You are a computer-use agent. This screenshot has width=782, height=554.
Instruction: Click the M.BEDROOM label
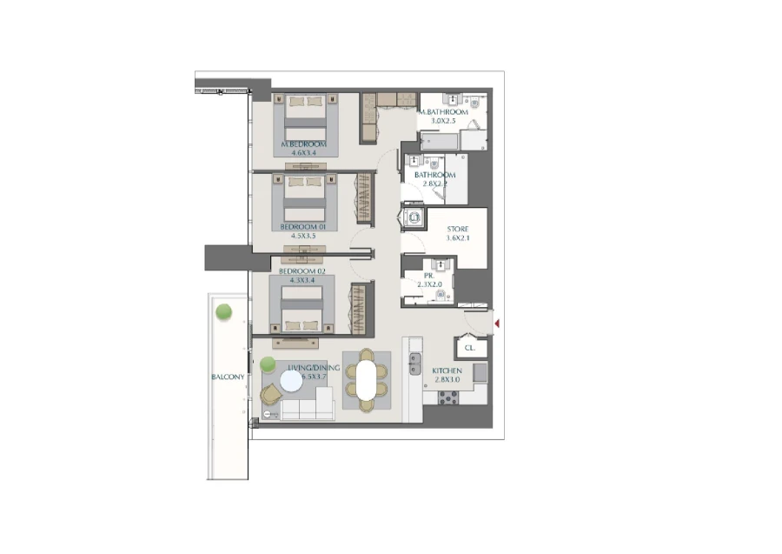click(x=303, y=144)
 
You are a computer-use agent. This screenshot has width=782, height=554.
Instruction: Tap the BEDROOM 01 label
click(x=302, y=226)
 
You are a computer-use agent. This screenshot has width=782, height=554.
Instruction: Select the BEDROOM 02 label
click(x=302, y=271)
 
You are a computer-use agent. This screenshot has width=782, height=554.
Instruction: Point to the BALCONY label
click(x=228, y=377)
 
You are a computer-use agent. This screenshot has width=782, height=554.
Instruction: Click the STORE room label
click(x=457, y=230)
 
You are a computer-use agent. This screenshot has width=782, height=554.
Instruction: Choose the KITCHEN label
click(x=447, y=371)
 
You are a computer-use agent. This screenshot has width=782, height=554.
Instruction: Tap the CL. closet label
click(x=470, y=348)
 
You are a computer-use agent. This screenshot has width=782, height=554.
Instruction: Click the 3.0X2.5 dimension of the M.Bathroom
click(x=443, y=122)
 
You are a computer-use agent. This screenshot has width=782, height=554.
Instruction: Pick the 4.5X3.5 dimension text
click(x=302, y=235)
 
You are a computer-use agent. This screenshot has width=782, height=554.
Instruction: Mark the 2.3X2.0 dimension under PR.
click(x=429, y=284)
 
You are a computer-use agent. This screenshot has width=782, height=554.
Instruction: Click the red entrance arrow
click(x=496, y=324)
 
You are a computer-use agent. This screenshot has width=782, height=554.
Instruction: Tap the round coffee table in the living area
click(x=291, y=380)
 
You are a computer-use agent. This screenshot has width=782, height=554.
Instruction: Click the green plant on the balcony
click(x=224, y=311)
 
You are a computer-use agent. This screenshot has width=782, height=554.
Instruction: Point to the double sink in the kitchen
click(x=415, y=364)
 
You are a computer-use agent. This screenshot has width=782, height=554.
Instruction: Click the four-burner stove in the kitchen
click(x=448, y=397)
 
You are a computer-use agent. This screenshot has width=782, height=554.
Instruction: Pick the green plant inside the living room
click(x=268, y=364)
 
